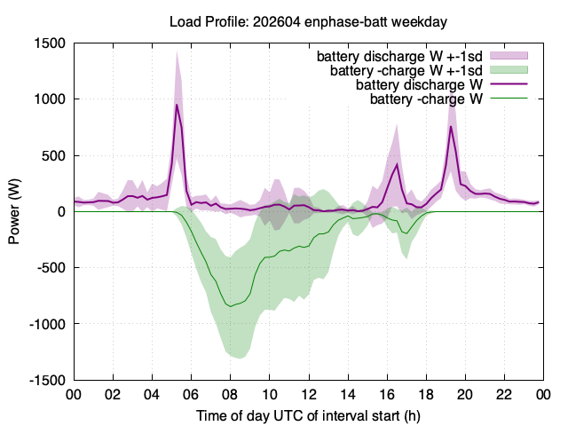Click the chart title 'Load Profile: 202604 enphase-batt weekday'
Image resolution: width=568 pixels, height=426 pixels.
click(308, 22)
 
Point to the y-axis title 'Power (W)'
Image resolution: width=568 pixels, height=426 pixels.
click(14, 211)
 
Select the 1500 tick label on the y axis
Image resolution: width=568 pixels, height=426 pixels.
click(50, 43)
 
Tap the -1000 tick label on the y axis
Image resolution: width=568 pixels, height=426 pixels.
click(47, 324)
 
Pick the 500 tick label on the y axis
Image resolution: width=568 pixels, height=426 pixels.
click(53, 156)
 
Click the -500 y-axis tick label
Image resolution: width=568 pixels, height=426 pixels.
click(51, 268)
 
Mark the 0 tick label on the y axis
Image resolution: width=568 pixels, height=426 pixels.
click(61, 211)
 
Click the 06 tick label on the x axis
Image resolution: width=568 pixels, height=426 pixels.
click(192, 394)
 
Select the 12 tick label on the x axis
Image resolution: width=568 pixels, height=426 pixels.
click(309, 394)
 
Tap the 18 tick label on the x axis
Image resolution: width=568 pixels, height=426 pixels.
click(426, 394)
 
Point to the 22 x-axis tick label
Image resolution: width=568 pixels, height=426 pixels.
click(505, 394)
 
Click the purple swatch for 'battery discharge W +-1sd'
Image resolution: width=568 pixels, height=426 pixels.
click(509, 56)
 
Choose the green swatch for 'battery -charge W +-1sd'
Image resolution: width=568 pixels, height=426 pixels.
click(509, 70)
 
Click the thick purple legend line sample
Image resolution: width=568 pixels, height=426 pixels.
click(509, 84)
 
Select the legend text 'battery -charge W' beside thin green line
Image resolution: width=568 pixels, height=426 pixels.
click(426, 99)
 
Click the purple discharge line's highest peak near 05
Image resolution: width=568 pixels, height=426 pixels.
click(177, 105)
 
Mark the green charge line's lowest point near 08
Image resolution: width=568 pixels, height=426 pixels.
click(231, 306)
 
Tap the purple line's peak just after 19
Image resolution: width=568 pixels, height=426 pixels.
click(451, 126)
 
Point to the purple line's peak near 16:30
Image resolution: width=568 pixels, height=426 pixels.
click(397, 164)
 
